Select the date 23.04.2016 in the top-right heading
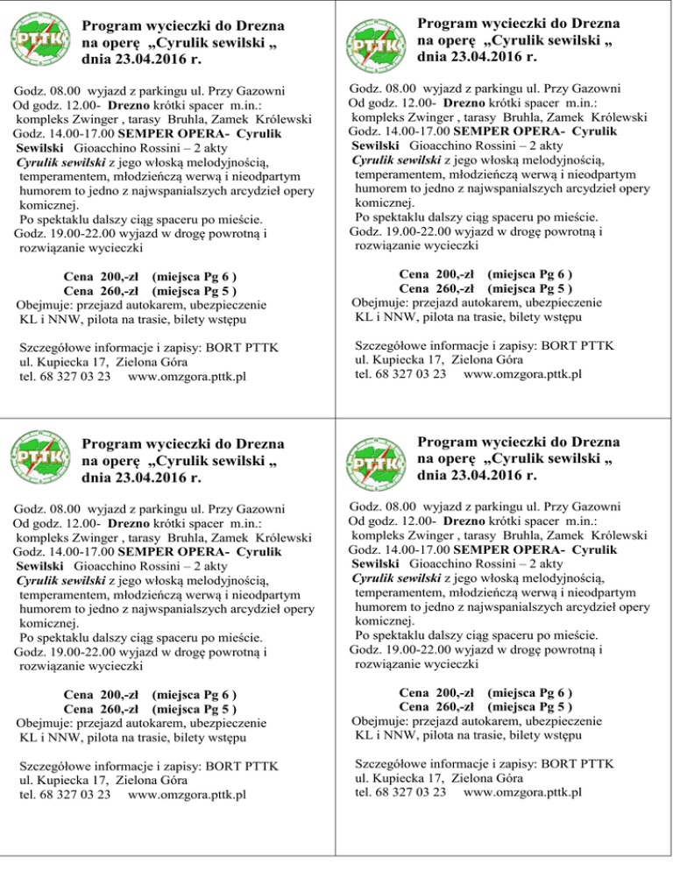tap(476, 58)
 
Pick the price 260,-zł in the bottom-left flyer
tap(103, 709)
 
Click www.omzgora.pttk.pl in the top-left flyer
tap(187, 377)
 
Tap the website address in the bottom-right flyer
tap(522, 793)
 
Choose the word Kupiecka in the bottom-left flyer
tap(64, 781)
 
